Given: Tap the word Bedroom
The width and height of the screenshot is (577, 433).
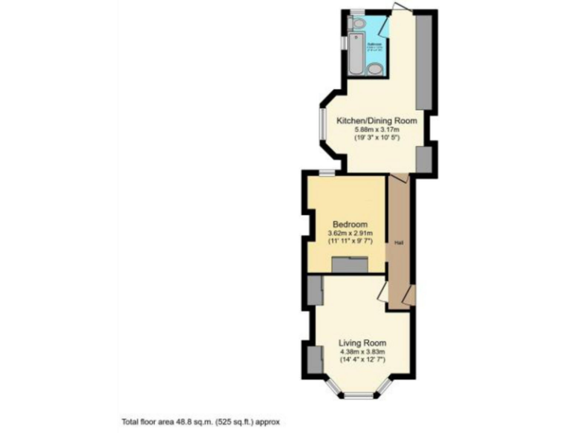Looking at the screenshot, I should [350, 225].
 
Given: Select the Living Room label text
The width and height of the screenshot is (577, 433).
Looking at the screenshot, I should [361, 343].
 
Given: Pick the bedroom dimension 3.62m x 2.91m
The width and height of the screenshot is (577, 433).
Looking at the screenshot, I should [350, 234].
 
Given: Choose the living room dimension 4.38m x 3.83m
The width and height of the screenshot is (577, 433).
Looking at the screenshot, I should [361, 352].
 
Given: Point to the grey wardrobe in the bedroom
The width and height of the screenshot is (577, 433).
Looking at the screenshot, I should [350, 265].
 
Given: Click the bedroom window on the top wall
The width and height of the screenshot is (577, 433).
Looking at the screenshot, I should [326, 174].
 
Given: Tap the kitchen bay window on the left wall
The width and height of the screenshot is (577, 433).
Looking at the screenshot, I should [321, 126].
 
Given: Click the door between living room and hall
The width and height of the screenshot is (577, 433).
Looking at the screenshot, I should [382, 292].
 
